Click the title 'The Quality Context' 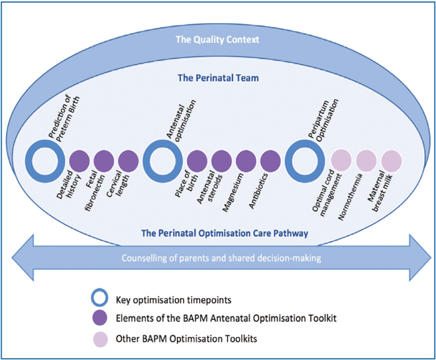[217, 39]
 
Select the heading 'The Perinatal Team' [218, 78]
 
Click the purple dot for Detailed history [79, 161]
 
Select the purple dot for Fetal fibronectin [104, 161]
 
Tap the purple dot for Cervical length [128, 161]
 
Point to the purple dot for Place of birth [197, 161]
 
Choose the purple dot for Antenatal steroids [222, 161]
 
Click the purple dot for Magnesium [246, 161]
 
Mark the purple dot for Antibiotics [270, 161]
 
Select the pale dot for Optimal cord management [341, 161]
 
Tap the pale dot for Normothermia [366, 161]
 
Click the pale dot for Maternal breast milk [391, 161]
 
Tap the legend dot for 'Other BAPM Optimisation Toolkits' [100, 339]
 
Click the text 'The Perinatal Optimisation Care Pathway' [225, 233]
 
